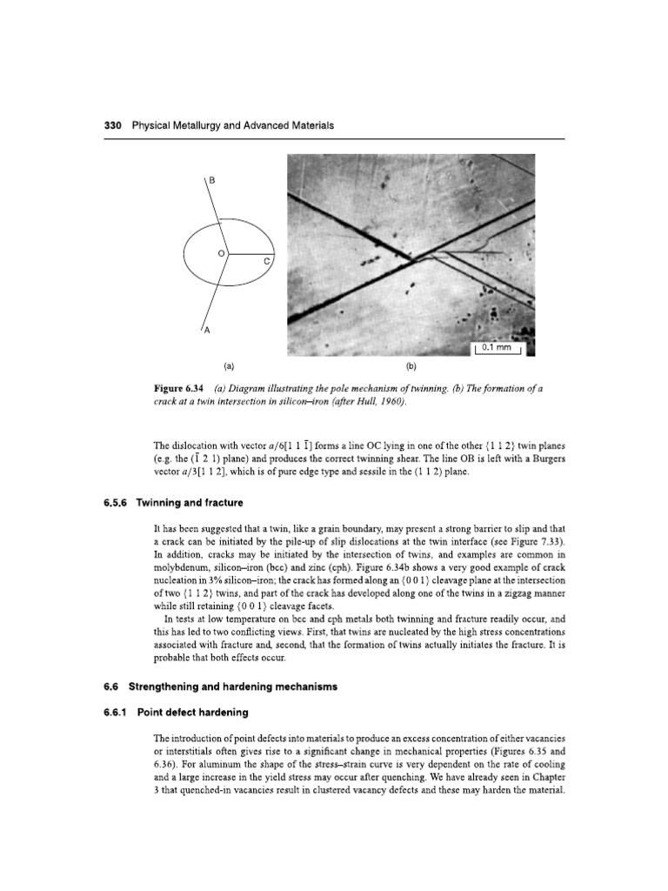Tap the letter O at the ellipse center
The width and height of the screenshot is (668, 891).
point(221,252)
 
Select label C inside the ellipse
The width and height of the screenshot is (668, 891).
point(266,262)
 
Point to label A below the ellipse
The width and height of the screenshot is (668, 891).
point(207,331)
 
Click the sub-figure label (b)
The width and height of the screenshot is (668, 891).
point(411,367)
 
